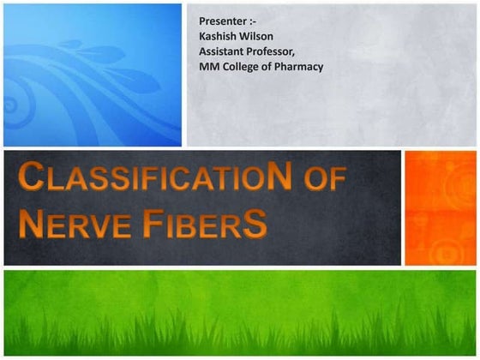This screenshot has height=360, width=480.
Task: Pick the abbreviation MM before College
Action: point(207,66)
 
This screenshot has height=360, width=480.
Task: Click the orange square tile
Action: point(440,207)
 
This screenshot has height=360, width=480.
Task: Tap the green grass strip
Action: point(240,314)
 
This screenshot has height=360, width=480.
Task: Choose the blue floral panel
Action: point(93,75)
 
